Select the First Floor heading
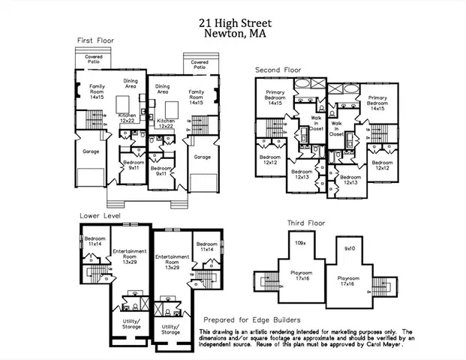click(95, 40)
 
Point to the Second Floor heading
click(278, 70)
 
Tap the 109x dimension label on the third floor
click(300, 244)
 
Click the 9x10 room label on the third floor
click(349, 247)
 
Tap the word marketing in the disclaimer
click(350, 331)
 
